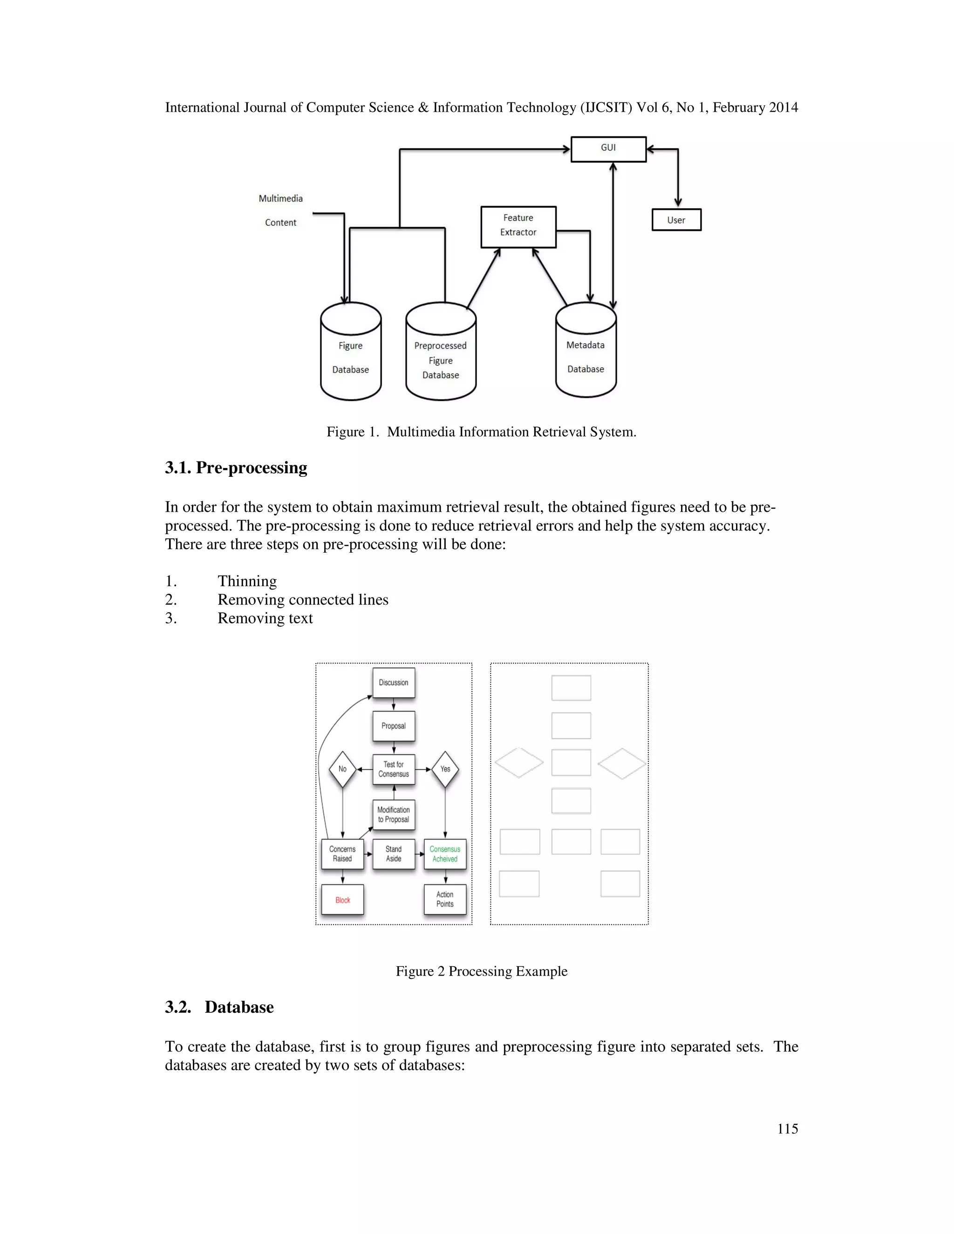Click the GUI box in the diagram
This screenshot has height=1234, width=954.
(x=608, y=149)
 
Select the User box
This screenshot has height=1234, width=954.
(x=676, y=220)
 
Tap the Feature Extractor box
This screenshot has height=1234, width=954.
(x=518, y=227)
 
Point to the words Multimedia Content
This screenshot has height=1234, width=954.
(x=281, y=210)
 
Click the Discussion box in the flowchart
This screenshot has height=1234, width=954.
(x=393, y=683)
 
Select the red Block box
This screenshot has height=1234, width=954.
(x=342, y=900)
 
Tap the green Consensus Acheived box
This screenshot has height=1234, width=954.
(x=445, y=854)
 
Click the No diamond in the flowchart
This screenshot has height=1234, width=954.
(x=342, y=769)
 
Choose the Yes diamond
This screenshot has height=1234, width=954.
(x=445, y=769)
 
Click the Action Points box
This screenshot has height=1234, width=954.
(x=445, y=899)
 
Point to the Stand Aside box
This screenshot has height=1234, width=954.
(x=393, y=854)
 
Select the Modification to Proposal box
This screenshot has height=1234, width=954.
(x=393, y=814)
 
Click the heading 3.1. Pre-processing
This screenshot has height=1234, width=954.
(x=236, y=468)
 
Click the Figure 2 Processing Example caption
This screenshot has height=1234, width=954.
(x=481, y=971)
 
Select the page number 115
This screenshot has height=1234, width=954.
(x=787, y=1128)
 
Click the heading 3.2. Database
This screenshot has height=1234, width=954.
(x=219, y=1007)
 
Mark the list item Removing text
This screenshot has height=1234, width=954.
(x=265, y=618)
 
